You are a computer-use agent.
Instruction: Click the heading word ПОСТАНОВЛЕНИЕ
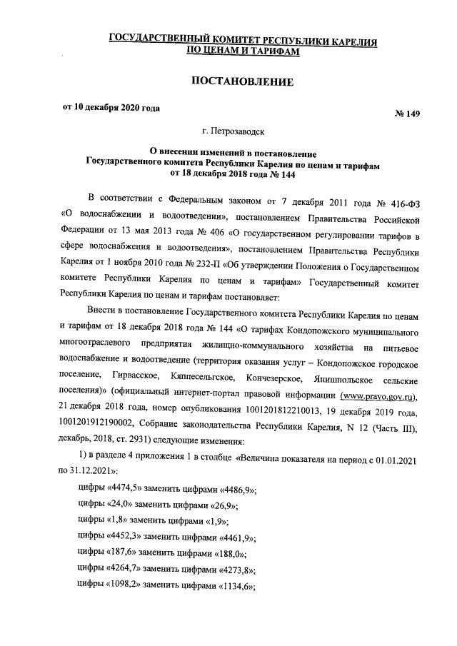point(241,82)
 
